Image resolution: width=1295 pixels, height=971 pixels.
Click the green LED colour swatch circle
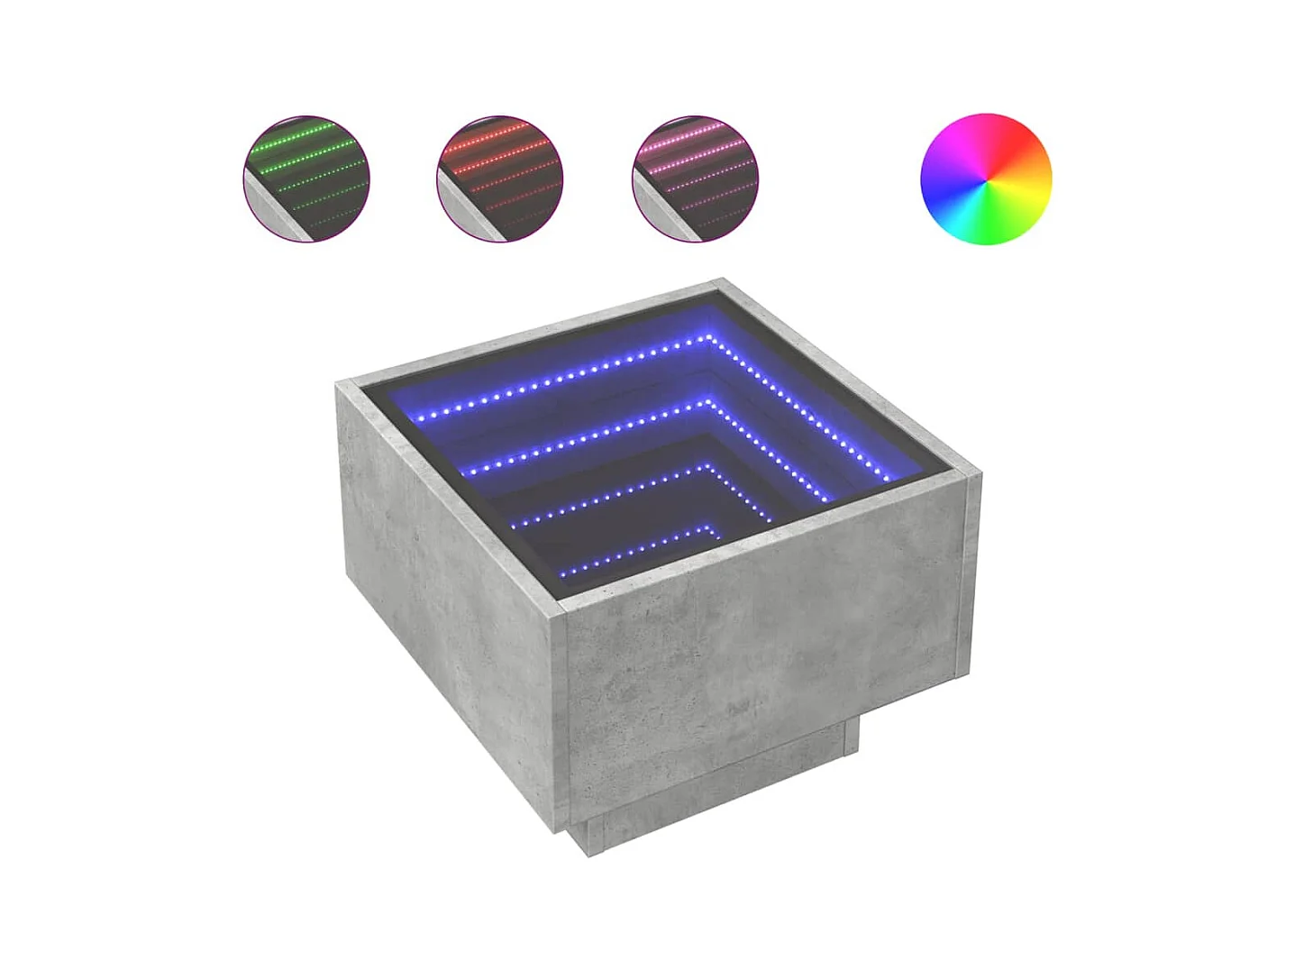(306, 178)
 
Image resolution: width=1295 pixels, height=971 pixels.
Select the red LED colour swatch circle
(500, 178)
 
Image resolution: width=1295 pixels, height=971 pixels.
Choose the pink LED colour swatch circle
(695, 178)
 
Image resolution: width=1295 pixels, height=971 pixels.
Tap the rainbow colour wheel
(986, 178)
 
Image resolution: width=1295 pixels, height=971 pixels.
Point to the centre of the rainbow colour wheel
(986, 179)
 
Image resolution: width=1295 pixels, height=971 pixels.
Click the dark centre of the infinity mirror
(622, 514)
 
